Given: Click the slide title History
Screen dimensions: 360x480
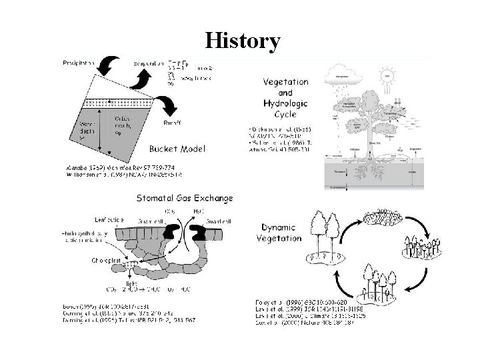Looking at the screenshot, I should point(243,41).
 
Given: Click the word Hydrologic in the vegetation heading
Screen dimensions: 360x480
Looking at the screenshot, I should point(285,105).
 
